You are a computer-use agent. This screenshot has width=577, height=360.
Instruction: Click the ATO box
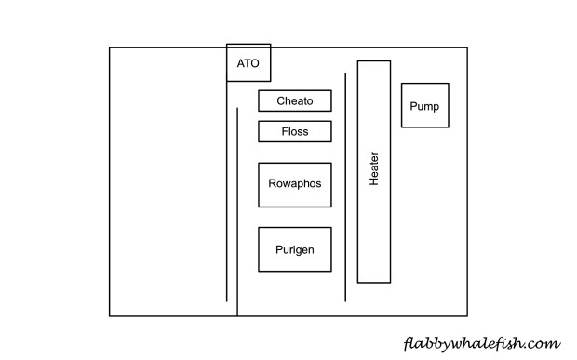(x=248, y=63)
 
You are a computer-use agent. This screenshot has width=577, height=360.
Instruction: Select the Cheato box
(x=295, y=100)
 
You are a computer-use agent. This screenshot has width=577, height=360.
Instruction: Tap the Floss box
(x=295, y=132)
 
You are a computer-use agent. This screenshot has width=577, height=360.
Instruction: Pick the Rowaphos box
(x=295, y=184)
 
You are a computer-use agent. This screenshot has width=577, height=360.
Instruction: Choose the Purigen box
(x=295, y=249)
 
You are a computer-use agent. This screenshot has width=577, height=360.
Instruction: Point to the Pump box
(x=425, y=105)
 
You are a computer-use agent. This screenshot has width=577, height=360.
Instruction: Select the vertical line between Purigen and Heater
(x=345, y=186)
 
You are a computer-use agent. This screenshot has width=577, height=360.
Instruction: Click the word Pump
(x=425, y=105)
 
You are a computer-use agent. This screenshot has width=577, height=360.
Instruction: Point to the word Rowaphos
(x=295, y=184)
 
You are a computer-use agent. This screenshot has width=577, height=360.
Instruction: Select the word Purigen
(x=295, y=249)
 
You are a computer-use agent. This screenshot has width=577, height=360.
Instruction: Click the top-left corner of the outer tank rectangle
(x=110, y=47)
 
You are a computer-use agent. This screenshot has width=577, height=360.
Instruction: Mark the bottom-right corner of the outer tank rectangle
(x=466, y=316)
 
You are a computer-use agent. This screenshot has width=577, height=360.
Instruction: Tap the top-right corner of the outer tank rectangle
(x=466, y=47)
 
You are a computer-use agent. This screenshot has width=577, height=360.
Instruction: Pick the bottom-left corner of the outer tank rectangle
(x=110, y=316)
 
